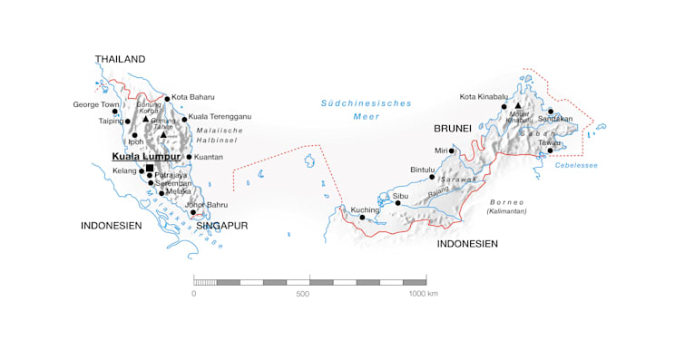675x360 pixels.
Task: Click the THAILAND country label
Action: (x=120, y=60)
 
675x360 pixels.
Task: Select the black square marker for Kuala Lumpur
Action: (x=150, y=168)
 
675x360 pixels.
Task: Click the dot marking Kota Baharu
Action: (x=167, y=99)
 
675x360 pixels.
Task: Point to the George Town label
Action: (x=96, y=105)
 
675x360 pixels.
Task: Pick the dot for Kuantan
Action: (x=189, y=157)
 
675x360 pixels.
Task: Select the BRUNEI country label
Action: (x=453, y=129)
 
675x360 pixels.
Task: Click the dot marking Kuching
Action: (x=362, y=218)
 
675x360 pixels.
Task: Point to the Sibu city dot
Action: (x=397, y=203)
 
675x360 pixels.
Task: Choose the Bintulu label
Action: (x=423, y=169)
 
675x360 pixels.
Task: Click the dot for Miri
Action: (x=451, y=151)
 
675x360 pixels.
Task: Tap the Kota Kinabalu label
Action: (x=481, y=97)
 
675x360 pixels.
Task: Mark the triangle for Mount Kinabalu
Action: (x=517, y=106)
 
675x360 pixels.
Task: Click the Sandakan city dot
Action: (x=551, y=112)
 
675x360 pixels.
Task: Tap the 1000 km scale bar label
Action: (x=422, y=294)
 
